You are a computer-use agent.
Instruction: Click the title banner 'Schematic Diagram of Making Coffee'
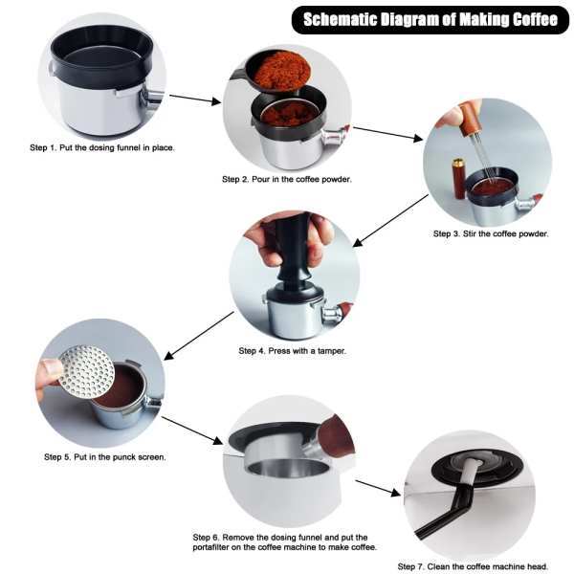coord(430,20)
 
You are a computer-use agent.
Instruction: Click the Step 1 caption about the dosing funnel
coord(102,148)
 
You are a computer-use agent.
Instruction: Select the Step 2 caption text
coord(287,180)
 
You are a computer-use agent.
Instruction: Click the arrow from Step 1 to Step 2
coord(195,99)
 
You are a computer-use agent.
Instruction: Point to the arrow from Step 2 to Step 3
coord(387,134)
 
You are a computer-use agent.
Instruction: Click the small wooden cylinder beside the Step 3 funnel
coord(458,179)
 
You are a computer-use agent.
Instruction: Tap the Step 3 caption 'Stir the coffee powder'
coord(491,233)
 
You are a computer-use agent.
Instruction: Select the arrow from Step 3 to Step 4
coord(390,221)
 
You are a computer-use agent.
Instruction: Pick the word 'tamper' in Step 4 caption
coord(331,351)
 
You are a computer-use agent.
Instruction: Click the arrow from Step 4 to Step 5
coord(199,336)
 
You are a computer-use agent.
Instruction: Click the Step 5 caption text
coord(105,457)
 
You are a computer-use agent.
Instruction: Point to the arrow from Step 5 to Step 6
coord(192,430)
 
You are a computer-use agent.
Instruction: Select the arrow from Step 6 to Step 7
coord(378,488)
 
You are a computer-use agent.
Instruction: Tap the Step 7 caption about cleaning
coord(473,566)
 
